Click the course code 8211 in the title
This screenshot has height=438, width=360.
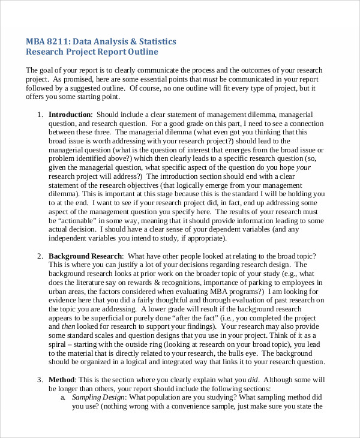click(x=60, y=41)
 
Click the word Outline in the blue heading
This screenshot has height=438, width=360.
click(x=143, y=52)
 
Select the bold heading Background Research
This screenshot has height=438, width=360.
click(x=85, y=256)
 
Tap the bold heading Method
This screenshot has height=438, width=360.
click(x=62, y=380)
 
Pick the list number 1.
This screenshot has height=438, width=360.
click(x=40, y=115)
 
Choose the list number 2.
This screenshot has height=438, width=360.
click(x=40, y=256)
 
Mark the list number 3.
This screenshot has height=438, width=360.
click(x=40, y=380)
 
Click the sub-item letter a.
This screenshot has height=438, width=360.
click(x=62, y=397)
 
